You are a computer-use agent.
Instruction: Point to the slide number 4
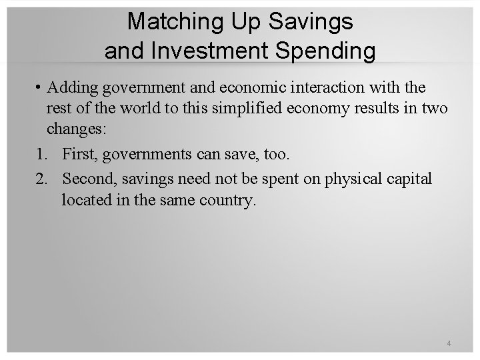pyautogui.click(x=449, y=343)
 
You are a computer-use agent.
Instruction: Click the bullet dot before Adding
pyautogui.click(x=40, y=88)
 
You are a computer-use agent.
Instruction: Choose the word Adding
pyautogui.click(x=70, y=88)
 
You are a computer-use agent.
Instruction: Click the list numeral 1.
pyautogui.click(x=41, y=155)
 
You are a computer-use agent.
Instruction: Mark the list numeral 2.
pyautogui.click(x=41, y=179)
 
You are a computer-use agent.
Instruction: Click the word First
pyautogui.click(x=79, y=155)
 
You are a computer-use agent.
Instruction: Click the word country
pyautogui.click(x=229, y=201)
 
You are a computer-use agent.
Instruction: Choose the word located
pyautogui.click(x=85, y=201)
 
